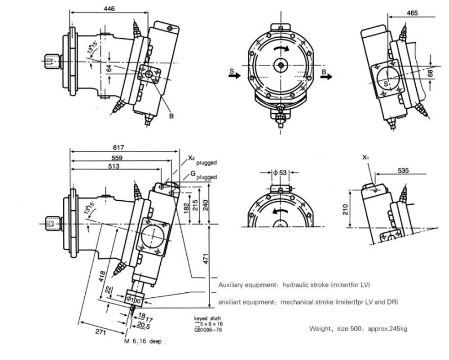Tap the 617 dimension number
point(119,148)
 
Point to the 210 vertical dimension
point(347,209)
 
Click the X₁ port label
point(366,158)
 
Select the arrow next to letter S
point(236,73)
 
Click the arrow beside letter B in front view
point(330,73)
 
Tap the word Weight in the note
point(319,329)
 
